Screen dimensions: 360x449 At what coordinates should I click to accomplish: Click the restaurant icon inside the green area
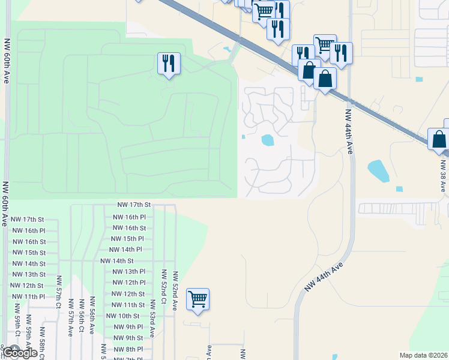click(169, 63)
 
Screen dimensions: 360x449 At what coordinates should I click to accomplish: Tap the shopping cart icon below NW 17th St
click(197, 298)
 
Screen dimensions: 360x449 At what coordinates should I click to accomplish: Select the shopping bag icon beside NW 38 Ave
click(439, 139)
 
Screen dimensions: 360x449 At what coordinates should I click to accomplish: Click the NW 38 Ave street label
click(443, 175)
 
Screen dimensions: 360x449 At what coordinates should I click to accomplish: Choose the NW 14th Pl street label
click(125, 250)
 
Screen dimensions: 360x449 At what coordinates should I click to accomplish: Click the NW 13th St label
click(28, 275)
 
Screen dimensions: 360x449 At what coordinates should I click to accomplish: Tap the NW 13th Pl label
click(129, 272)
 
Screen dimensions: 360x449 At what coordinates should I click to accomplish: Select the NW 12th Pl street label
click(129, 283)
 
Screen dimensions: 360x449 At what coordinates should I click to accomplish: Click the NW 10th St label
click(122, 316)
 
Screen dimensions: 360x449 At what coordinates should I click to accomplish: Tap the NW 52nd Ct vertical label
click(164, 284)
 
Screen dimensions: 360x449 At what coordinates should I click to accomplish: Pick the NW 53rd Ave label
click(153, 325)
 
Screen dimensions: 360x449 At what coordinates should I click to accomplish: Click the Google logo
click(20, 353)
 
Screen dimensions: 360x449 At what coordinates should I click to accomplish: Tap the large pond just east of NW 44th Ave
click(378, 170)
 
